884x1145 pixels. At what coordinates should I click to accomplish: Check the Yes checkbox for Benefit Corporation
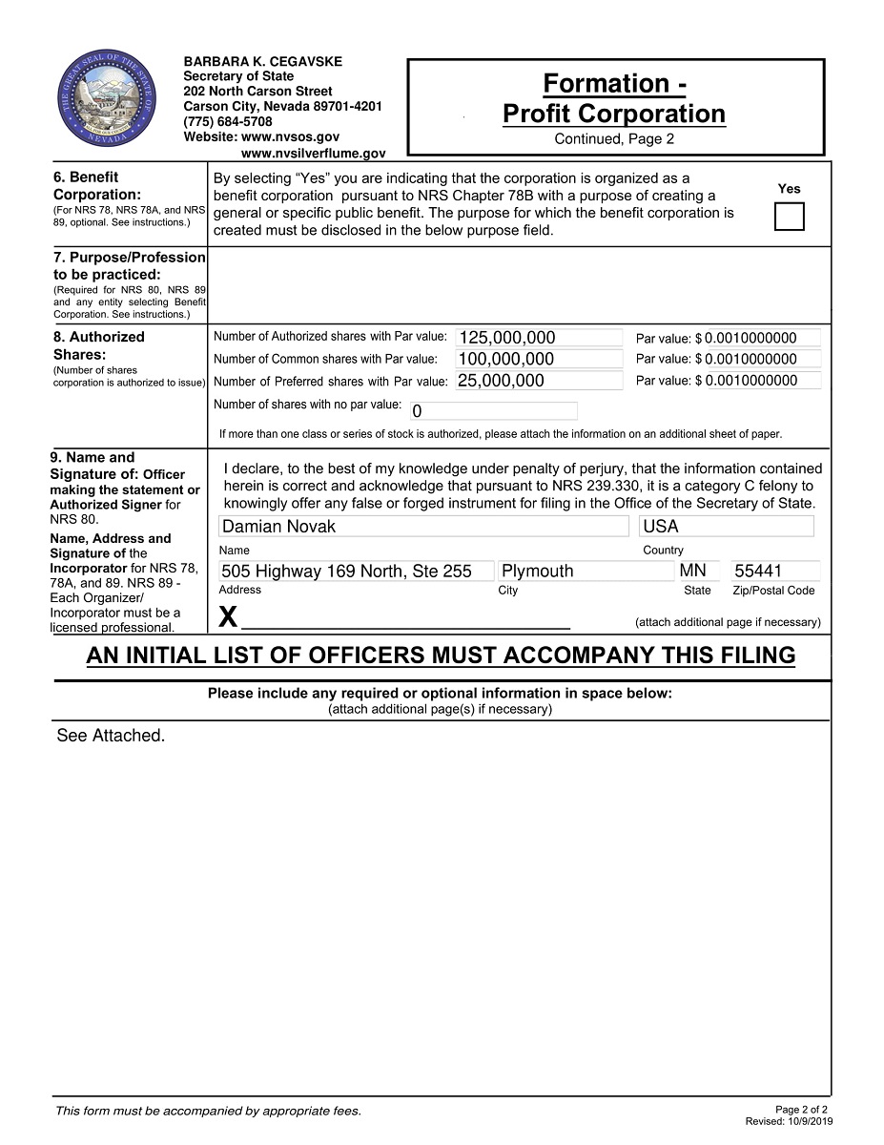(x=789, y=217)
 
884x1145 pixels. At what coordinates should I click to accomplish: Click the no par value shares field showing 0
(x=493, y=411)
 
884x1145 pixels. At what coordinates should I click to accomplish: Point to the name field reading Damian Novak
(x=422, y=526)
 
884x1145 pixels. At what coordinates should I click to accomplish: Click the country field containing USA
(x=727, y=526)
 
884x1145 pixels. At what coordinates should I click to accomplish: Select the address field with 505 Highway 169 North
(x=356, y=571)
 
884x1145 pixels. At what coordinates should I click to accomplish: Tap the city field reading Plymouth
(x=586, y=571)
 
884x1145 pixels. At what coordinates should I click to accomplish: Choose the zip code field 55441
(x=774, y=571)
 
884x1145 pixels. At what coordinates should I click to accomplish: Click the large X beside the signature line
(x=228, y=617)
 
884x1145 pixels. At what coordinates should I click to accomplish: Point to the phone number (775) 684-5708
(x=228, y=122)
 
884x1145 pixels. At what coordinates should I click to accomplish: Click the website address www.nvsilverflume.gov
(x=314, y=153)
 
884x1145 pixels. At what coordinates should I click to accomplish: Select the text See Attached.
(x=111, y=736)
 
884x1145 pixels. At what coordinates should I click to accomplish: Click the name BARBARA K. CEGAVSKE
(x=262, y=61)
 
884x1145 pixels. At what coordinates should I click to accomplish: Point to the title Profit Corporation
(x=614, y=114)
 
